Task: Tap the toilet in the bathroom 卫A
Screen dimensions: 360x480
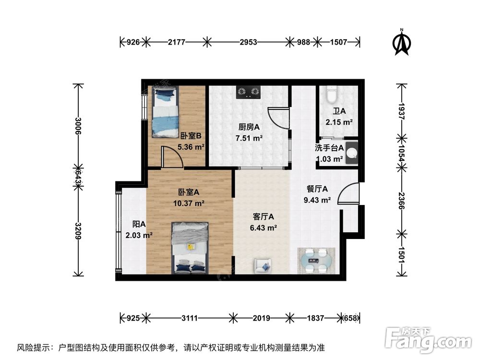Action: click(x=332, y=95)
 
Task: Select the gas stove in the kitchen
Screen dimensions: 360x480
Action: click(x=248, y=92)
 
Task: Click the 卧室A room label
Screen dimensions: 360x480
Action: click(x=189, y=192)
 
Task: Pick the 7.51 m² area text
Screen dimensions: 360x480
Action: click(x=249, y=138)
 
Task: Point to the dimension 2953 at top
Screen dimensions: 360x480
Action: click(x=248, y=42)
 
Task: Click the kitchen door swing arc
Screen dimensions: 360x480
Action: click(x=278, y=118)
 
